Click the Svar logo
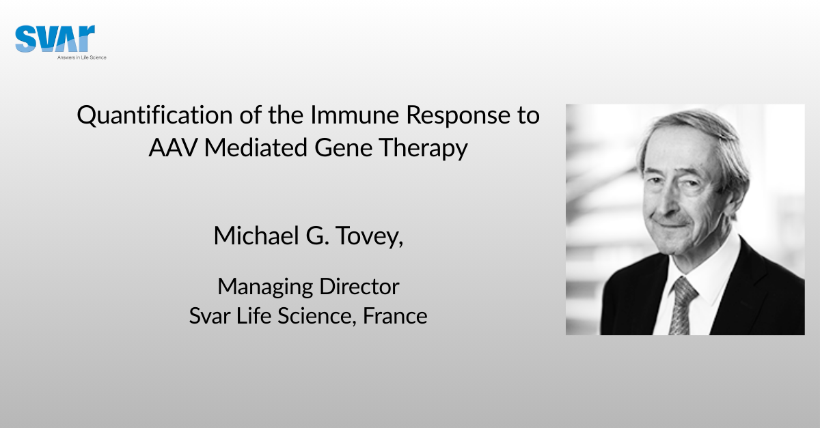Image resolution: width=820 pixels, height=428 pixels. click(x=55, y=39)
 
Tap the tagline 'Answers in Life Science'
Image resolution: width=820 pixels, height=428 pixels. click(x=81, y=57)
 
